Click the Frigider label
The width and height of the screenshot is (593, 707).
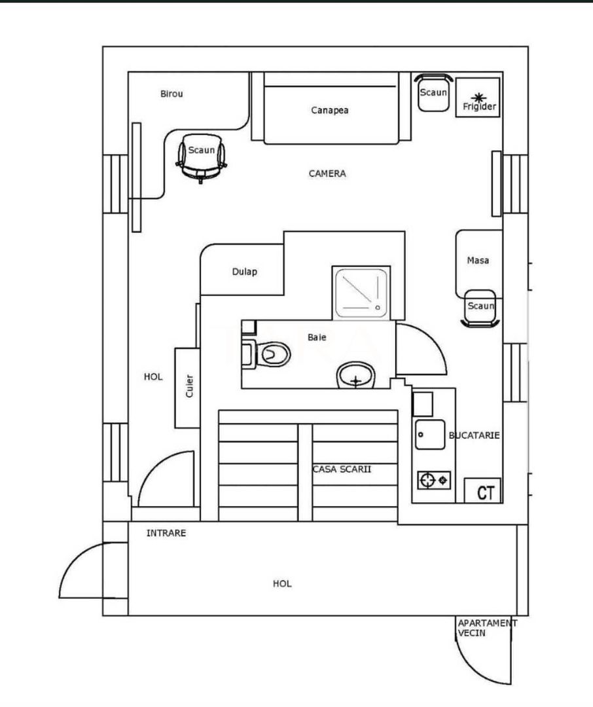pos(479,107)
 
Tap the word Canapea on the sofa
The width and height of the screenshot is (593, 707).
pos(330,110)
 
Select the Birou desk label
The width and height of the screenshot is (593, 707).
pos(171,94)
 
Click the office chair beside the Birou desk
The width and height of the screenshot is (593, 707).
pos(201,157)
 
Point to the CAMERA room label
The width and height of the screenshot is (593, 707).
pos(327,173)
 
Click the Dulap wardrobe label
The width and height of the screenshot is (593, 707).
pos(245,272)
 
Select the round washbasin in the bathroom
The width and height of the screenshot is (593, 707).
pos(356,375)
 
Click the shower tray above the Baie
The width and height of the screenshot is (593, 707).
pos(361,293)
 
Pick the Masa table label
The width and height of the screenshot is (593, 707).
pos(478,260)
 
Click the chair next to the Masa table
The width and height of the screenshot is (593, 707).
pos(480,308)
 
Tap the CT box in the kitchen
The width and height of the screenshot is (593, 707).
pos(483,490)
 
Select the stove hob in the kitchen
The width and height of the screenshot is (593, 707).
pos(434,480)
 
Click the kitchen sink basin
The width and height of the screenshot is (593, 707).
pos(430,435)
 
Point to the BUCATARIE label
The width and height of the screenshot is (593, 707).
pos(475,435)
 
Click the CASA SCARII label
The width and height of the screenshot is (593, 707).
pos(342,469)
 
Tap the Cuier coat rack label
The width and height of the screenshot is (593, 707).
pos(189,386)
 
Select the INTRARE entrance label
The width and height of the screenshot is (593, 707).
pos(166,533)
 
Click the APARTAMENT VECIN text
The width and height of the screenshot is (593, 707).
pos(488,628)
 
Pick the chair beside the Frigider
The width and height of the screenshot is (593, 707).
pos(433,93)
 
